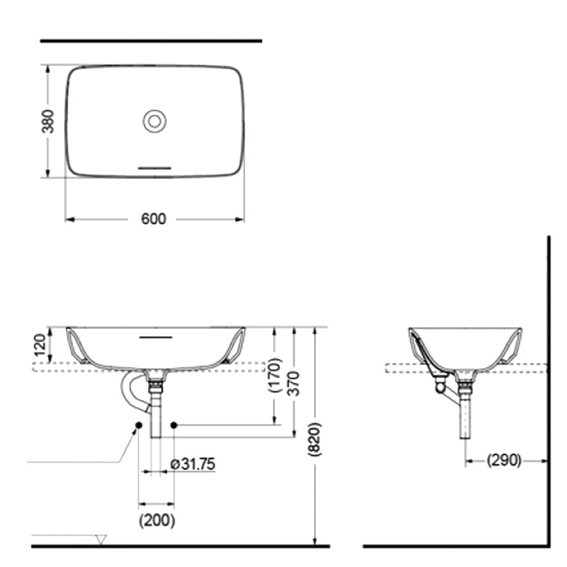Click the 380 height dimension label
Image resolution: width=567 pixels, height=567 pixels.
click(48, 121)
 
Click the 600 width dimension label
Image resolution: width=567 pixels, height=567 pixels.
click(153, 219)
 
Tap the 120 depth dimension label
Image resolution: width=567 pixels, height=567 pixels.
click(40, 345)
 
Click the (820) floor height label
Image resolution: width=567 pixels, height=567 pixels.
click(314, 439)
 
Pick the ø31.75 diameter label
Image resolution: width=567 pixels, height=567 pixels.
click(193, 464)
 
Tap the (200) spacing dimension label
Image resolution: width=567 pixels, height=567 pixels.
click(157, 521)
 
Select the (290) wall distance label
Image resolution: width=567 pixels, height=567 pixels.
click(503, 460)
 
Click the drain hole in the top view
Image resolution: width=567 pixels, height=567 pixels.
click(154, 121)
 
